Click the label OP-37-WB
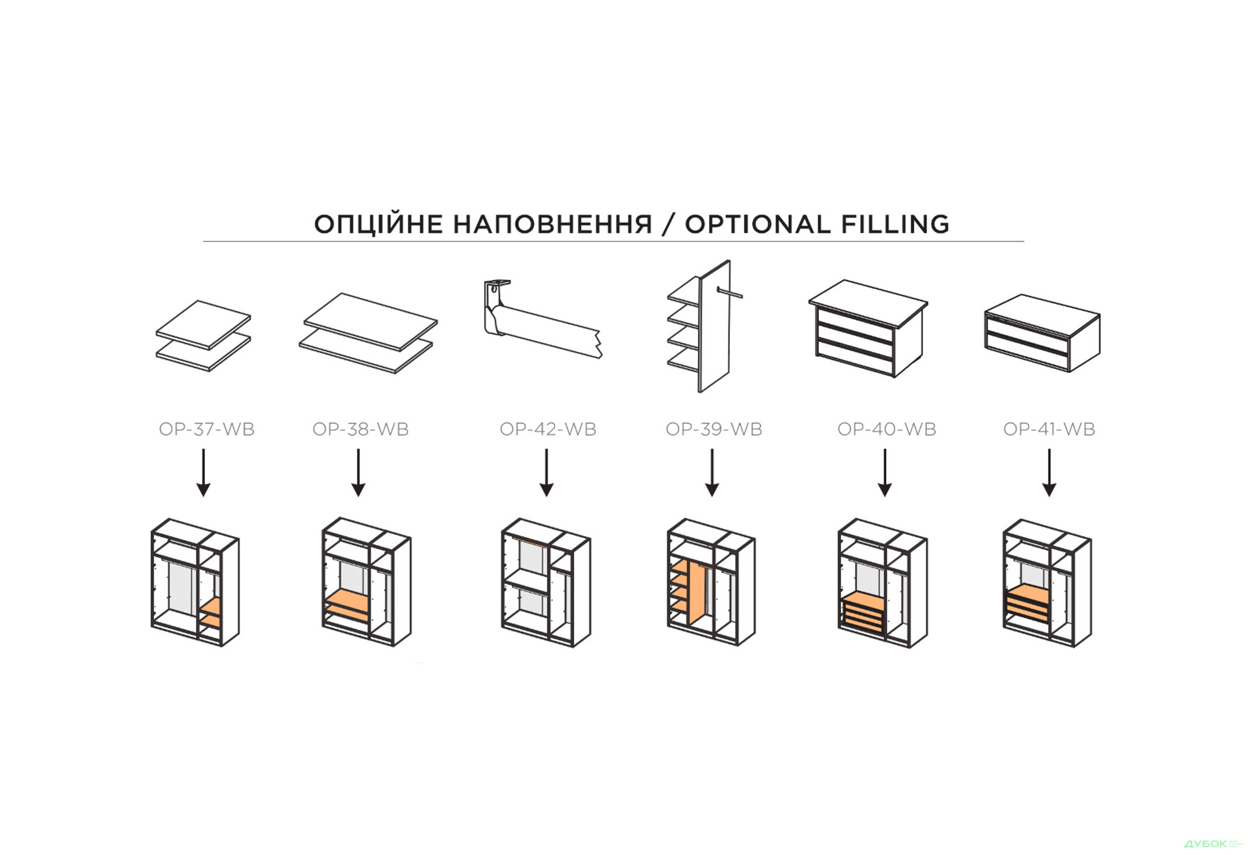[x=206, y=429]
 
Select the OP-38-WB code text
[x=361, y=429]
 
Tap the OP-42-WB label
[x=548, y=429]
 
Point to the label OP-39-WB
[x=714, y=429]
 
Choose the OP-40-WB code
[x=887, y=429]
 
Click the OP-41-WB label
[x=1049, y=429]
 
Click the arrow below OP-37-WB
[x=204, y=473]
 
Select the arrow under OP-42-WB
[x=547, y=473]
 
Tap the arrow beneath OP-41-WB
[x=1049, y=473]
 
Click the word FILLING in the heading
[x=895, y=224]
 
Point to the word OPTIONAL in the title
[x=758, y=224]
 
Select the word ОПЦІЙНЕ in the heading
[x=379, y=224]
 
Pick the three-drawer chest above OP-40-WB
[x=868, y=329]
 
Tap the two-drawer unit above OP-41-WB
[x=1042, y=333]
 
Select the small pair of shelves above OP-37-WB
[x=203, y=336]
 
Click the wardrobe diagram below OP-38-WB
[x=367, y=582]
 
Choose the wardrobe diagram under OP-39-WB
[x=711, y=582]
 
